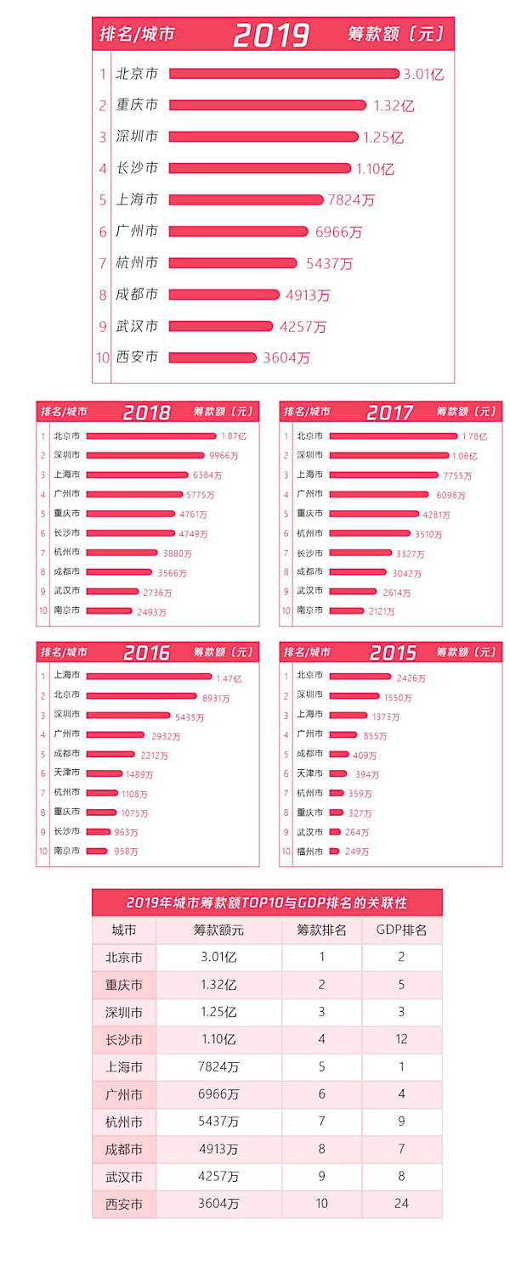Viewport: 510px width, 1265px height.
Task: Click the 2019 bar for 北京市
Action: coord(284,74)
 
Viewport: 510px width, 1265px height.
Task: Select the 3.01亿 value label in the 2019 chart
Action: coord(423,75)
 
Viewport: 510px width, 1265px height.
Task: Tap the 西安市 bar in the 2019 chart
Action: coord(212,357)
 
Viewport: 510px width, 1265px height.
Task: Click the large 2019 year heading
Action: coord(271,35)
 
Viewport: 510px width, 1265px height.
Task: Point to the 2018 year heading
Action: coord(146,413)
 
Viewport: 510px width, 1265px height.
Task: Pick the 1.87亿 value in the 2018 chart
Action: coord(233,436)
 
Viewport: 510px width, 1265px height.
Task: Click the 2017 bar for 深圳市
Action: coord(388,455)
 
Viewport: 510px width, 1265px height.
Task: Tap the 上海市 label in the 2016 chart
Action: coord(66,675)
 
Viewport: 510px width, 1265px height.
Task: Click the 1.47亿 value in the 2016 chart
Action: coord(228,678)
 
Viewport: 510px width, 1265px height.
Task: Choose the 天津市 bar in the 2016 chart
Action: coord(104,773)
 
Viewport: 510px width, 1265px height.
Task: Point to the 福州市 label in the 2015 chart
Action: coord(309,851)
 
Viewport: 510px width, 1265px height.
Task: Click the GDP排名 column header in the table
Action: coord(401,930)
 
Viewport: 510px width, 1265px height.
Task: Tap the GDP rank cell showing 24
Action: coord(401,1203)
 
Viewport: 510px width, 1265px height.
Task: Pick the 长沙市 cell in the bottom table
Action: coord(124,1039)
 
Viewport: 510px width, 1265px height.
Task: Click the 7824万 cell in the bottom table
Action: coord(218,1066)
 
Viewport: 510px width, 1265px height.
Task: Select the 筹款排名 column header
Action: coord(321,930)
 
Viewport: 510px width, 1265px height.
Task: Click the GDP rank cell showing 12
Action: coord(401,1039)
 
